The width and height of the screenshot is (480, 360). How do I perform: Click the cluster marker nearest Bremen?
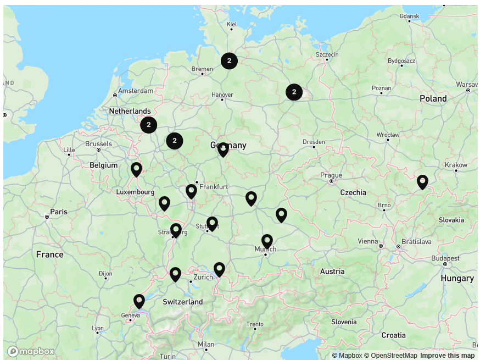point(229,61)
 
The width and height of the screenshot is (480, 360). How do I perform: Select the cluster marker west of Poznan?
point(294,92)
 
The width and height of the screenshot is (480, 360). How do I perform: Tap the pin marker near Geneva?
point(139,301)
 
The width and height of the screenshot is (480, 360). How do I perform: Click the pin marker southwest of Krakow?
point(422,181)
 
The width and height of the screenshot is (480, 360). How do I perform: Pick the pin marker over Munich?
point(267,241)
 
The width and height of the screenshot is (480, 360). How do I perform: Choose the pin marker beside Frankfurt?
point(191,191)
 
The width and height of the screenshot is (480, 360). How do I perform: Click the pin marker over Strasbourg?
point(176,230)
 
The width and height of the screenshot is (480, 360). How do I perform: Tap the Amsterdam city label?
point(136,91)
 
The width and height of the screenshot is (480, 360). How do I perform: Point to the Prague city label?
point(331,175)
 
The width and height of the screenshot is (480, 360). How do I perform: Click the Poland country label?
point(433,99)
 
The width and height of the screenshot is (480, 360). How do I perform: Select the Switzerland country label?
point(183,302)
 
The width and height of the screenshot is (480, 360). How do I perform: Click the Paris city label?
point(59,212)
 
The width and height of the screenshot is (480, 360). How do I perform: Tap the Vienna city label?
point(368,241)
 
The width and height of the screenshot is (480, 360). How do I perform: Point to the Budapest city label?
point(445,258)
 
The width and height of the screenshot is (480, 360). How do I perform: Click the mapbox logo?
point(31,352)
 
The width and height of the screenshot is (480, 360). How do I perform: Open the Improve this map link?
point(447,356)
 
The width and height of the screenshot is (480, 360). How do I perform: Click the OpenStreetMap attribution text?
point(390,356)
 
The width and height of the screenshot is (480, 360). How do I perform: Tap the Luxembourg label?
point(135,192)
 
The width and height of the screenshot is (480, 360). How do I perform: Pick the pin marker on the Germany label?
point(223,149)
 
